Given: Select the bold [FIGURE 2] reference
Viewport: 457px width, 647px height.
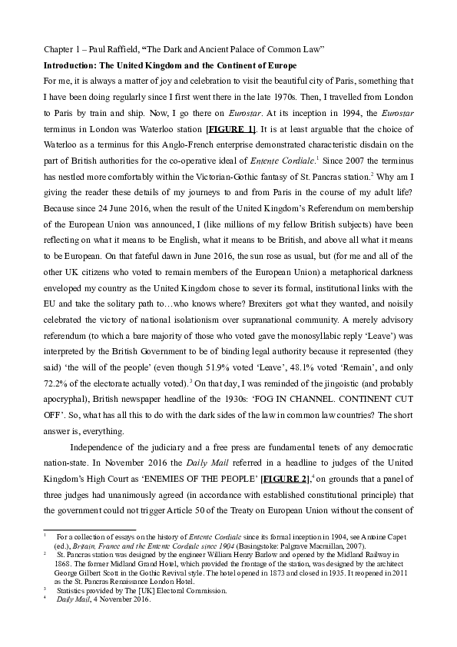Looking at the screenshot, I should coord(285,479).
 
